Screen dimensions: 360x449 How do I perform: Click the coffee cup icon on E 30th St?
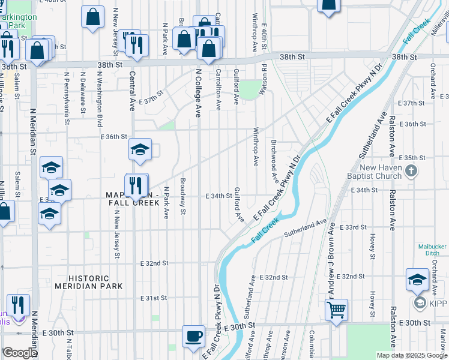pos(193,336)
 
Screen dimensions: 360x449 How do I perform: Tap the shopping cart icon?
pos(336,310)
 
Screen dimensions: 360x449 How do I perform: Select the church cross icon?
pos(411,172)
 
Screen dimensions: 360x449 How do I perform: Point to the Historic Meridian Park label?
pos(89,282)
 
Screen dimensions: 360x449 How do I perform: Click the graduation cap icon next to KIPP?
pos(417,280)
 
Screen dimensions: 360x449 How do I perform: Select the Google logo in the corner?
pos(20,353)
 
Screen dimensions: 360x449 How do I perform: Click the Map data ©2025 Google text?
pos(411,355)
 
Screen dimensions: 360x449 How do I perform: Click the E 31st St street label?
pos(153,298)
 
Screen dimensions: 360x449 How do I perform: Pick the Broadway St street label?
pos(183,196)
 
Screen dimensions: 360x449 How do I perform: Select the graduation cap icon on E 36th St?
pos(140,150)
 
